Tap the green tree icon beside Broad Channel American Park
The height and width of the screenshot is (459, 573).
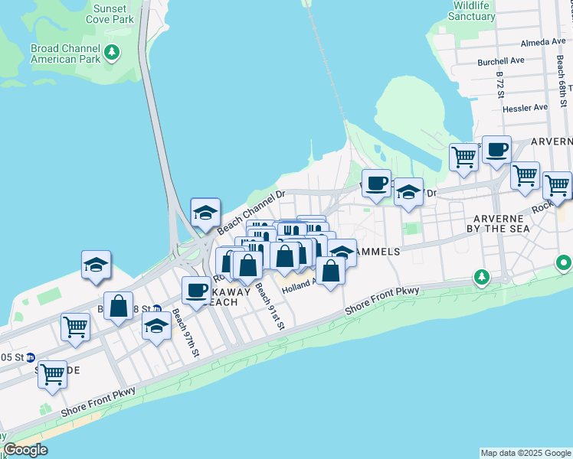[113, 52]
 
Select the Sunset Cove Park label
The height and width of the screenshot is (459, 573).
[113, 14]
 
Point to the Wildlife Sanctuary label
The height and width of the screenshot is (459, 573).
[472, 11]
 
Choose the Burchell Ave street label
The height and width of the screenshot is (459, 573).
[500, 60]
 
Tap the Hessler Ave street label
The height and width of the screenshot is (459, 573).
[526, 108]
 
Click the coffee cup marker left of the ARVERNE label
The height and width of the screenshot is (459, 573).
[496, 150]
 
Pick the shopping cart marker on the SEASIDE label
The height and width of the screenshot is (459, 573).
[52, 375]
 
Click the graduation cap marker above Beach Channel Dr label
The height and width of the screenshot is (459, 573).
[205, 213]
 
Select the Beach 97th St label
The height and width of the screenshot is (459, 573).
[185, 332]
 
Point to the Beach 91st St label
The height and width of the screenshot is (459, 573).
[270, 306]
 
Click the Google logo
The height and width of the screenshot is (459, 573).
[26, 450]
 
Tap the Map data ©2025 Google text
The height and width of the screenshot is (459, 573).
[525, 453]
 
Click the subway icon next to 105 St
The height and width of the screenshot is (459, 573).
[31, 357]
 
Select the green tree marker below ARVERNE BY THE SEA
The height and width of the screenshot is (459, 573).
[481, 276]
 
